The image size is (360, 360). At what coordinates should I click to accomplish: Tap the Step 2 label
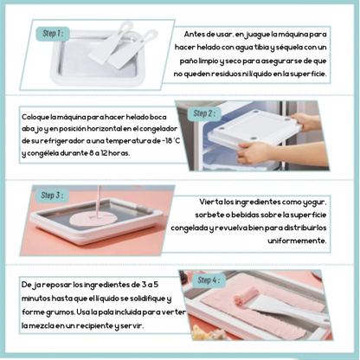tap(204, 113)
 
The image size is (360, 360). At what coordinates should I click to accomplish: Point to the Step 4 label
tap(209, 280)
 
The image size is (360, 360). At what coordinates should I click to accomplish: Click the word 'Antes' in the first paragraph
tap(195, 34)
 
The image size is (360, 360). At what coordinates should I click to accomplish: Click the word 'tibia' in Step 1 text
tap(261, 48)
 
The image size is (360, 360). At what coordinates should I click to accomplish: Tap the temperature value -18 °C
tap(171, 141)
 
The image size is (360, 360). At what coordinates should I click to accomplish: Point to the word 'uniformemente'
tap(297, 241)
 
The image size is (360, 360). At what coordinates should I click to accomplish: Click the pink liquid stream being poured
tap(99, 202)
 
